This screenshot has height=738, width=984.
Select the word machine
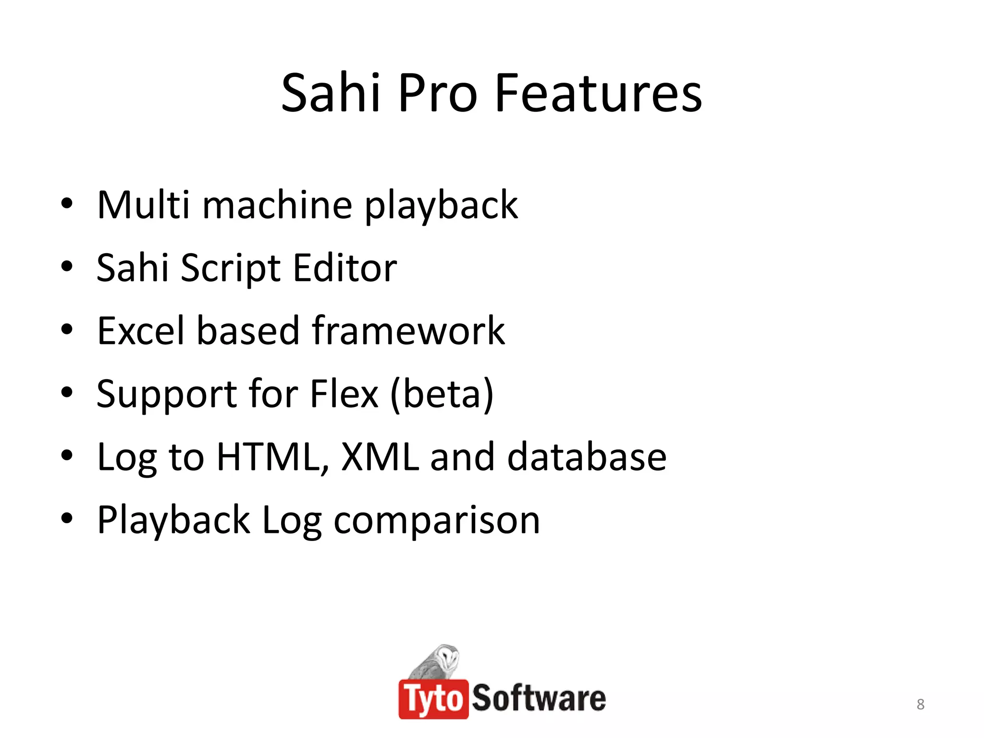pos(277,205)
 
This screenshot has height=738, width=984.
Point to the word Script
pos(231,268)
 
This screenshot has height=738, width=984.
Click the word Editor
pos(345,268)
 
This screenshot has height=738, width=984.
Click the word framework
pos(408,331)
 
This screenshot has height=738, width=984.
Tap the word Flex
pos(344,394)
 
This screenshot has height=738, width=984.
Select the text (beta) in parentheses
pos(442,394)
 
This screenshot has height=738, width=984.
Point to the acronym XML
pos(380,457)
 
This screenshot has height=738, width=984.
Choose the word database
pos(587,457)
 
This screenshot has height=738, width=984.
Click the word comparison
pos(437,520)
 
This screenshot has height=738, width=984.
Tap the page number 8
pos(920,704)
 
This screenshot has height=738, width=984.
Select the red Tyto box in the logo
pos(433,699)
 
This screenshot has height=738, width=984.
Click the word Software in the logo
pos(539,699)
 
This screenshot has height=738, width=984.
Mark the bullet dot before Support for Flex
pos(67,393)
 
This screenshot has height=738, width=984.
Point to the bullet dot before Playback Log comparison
pos(67,518)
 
